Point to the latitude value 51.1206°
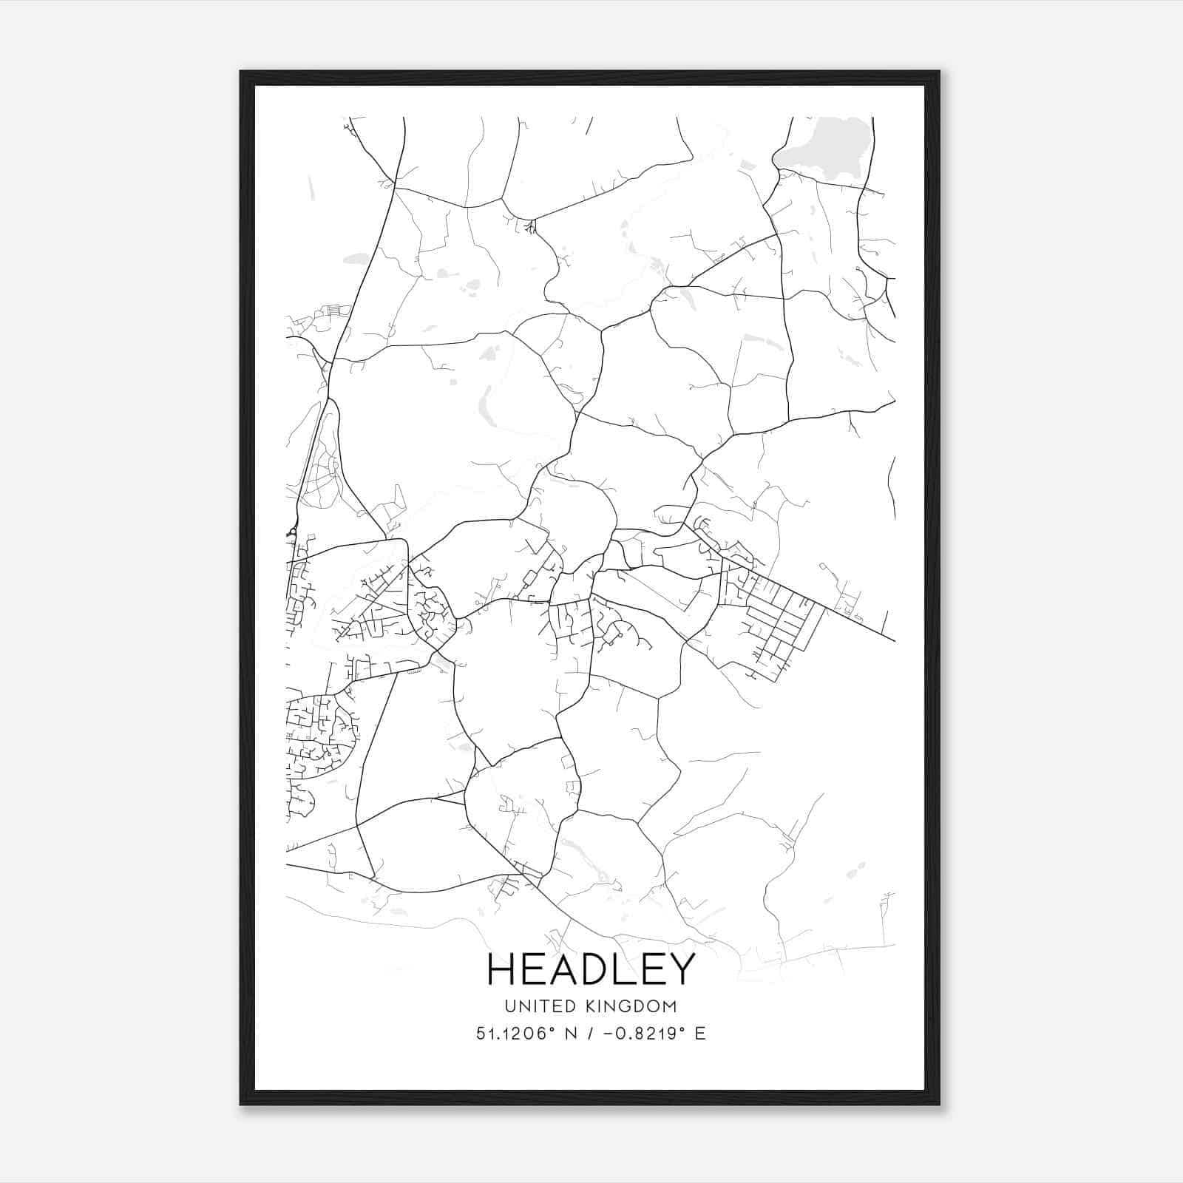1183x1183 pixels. (515, 1033)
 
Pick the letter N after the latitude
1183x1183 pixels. (571, 1033)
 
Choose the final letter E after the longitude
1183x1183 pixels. (700, 1033)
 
